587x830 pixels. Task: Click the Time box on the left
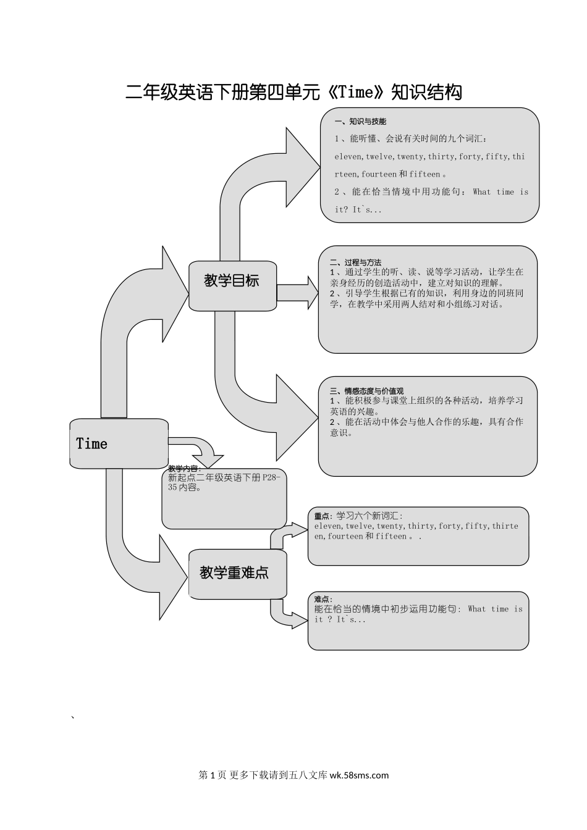coord(118,443)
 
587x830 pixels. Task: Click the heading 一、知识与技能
coord(360,122)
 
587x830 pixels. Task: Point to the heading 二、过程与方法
coord(355,262)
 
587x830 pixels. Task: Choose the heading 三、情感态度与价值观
coord(366,391)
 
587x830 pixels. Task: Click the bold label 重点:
coord(323,516)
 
